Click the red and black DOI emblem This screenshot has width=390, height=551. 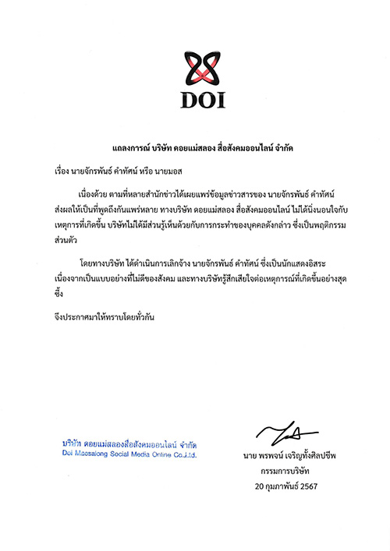tap(195, 65)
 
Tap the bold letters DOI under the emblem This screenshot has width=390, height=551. tap(195, 101)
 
